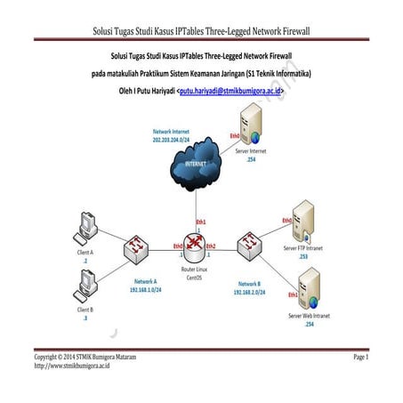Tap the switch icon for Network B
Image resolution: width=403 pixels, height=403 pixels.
pos(246,246)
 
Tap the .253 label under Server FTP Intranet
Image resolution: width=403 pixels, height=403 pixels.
pos(303,256)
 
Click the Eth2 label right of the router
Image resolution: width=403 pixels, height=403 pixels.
pos(211,246)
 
